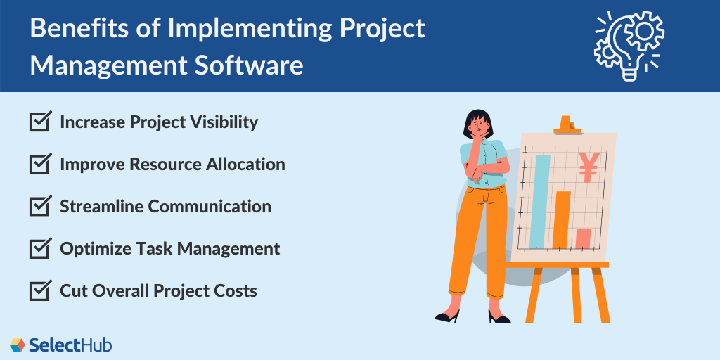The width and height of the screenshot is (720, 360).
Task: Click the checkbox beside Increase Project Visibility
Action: [x=39, y=122]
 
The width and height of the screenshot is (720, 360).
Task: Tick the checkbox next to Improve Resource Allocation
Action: [x=39, y=165]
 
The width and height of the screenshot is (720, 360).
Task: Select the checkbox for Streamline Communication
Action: [x=39, y=207]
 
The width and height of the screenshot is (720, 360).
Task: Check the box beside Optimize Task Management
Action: [x=39, y=248]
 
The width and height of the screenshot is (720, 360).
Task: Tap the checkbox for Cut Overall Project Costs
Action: [x=39, y=290]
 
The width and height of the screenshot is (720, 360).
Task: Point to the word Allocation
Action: [x=245, y=165]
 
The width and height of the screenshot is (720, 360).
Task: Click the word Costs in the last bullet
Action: [x=236, y=290]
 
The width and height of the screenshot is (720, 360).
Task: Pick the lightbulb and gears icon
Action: [x=628, y=43]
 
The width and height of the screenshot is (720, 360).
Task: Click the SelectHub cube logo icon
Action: [x=17, y=345]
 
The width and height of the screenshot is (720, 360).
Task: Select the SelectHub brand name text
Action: [x=70, y=345]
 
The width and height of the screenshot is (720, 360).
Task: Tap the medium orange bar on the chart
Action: [x=562, y=219]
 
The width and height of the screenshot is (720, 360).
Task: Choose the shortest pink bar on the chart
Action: [x=583, y=239]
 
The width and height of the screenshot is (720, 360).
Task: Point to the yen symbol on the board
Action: [x=588, y=167]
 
